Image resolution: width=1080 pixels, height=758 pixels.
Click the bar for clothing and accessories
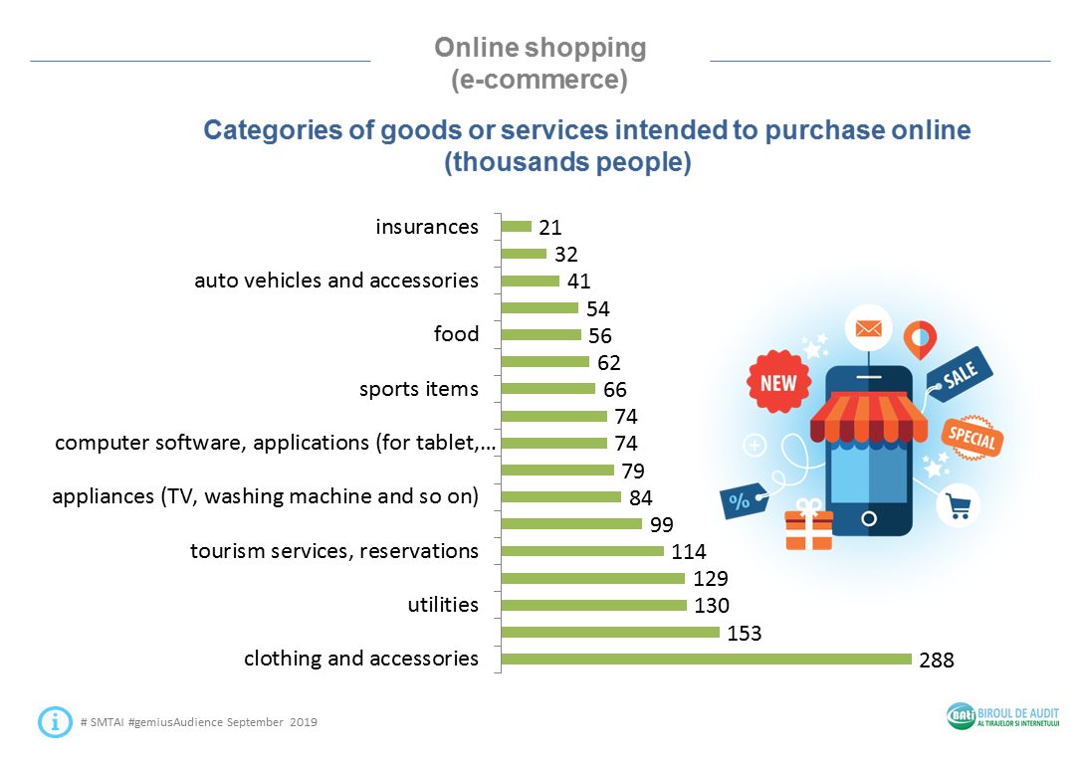706,659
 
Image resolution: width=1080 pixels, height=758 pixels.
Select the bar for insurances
517,227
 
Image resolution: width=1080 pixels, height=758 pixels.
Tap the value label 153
745,633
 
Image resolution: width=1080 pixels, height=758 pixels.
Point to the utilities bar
593,605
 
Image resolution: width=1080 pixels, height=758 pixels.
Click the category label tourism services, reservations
334,551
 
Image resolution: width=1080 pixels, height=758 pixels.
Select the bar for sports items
547,389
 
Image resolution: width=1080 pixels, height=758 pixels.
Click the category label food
456,334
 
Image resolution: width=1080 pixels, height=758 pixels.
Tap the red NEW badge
778,383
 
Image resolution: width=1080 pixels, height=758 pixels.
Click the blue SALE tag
960,374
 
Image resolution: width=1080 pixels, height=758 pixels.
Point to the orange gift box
808,526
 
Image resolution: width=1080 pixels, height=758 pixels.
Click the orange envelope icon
868,328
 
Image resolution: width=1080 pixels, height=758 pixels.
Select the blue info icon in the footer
55,721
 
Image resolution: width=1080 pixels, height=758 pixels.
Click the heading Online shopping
540,48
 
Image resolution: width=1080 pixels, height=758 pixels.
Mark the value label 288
937,660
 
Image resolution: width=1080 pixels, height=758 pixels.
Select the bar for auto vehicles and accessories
530,281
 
